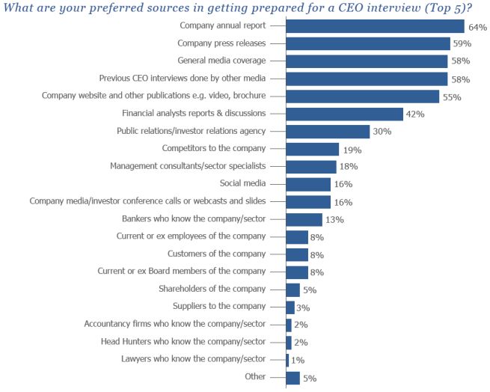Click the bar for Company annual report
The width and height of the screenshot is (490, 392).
[x=375, y=26]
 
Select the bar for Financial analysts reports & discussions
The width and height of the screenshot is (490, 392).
[x=345, y=114]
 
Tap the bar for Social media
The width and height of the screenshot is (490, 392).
[x=308, y=184]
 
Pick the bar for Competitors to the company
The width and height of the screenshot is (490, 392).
[x=312, y=149]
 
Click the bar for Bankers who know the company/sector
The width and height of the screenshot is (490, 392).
[x=304, y=219]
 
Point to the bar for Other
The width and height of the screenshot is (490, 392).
[x=293, y=377]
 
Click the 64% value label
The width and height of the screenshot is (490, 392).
[x=477, y=27]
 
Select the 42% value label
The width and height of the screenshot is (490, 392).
[x=415, y=114]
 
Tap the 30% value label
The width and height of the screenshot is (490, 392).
[x=382, y=132]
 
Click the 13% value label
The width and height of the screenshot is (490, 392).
[x=334, y=220]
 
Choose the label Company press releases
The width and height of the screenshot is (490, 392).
[x=221, y=43]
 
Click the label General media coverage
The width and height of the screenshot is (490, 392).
[x=221, y=60]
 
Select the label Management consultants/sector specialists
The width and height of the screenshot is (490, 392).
[x=187, y=165]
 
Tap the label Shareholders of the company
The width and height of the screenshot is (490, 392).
[x=212, y=288]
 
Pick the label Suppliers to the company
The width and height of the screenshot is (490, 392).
[x=218, y=305]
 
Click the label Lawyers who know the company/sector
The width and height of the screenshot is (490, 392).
[x=193, y=358]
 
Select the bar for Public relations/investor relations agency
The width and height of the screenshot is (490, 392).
[x=328, y=131]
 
